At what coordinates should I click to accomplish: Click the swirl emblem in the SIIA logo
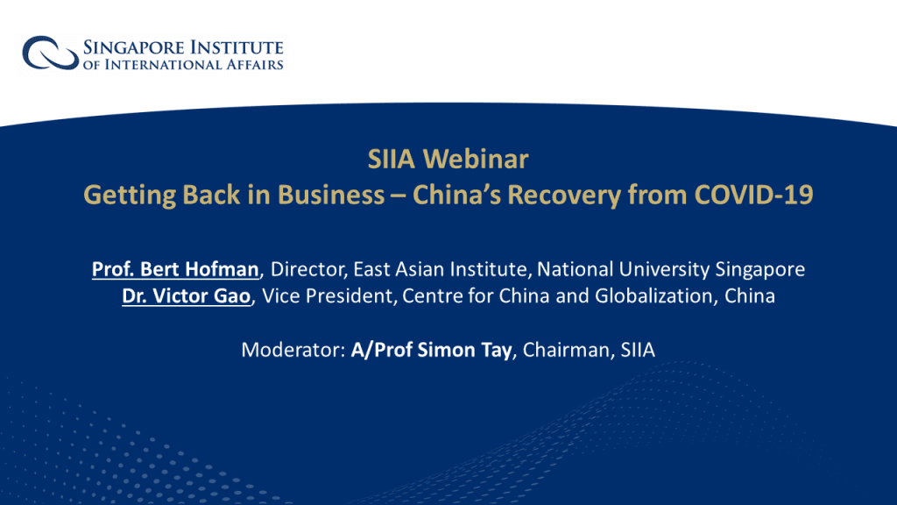pyautogui.click(x=50, y=53)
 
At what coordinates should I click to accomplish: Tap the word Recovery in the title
pyautogui.click(x=563, y=196)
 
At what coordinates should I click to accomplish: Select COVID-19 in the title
pyautogui.click(x=753, y=195)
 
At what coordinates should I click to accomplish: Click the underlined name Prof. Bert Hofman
pyautogui.click(x=175, y=268)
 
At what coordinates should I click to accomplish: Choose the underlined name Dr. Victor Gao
pyautogui.click(x=187, y=295)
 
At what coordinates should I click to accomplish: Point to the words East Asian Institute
pyautogui.click(x=440, y=268)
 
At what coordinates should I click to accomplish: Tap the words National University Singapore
pyautogui.click(x=670, y=269)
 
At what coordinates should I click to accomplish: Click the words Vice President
pyautogui.click(x=328, y=295)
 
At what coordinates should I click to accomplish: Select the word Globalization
pyautogui.click(x=653, y=295)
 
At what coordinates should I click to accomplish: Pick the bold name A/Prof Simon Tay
pyautogui.click(x=431, y=350)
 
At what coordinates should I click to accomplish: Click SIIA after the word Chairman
pyautogui.click(x=638, y=349)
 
